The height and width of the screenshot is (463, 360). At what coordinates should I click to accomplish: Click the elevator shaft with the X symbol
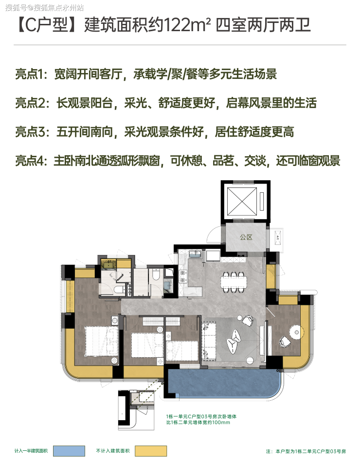pos(243,201)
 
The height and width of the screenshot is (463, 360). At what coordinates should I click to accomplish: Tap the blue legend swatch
pos(69,451)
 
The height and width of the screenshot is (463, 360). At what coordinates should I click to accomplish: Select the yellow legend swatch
pos(151,451)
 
